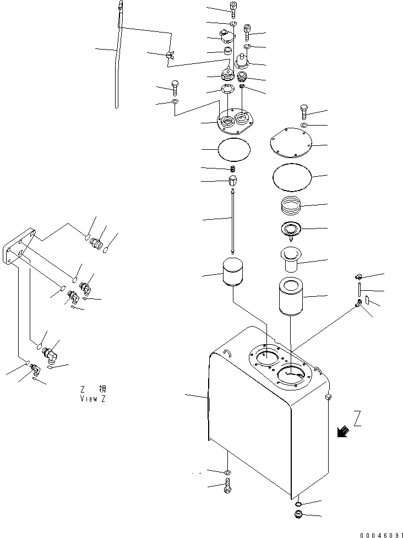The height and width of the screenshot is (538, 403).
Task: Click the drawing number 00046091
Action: click(x=381, y=535)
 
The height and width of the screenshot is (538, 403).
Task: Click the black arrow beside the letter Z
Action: click(x=342, y=432)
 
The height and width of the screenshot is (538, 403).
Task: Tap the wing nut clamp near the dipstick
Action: click(x=170, y=55)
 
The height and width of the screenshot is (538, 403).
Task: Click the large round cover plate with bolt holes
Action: click(x=291, y=143)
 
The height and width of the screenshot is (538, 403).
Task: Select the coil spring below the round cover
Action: click(x=291, y=205)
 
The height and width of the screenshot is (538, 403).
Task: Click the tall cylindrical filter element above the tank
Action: click(x=291, y=296)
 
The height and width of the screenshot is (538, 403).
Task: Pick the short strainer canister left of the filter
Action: click(x=233, y=273)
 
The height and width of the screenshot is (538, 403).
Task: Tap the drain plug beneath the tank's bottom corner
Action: click(x=298, y=515)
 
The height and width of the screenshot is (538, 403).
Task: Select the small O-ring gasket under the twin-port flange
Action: click(x=234, y=149)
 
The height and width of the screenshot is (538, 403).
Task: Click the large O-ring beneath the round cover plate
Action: click(x=292, y=178)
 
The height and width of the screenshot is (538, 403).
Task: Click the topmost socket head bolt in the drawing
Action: click(x=233, y=10)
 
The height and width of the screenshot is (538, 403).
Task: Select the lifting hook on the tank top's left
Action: click(x=228, y=353)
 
